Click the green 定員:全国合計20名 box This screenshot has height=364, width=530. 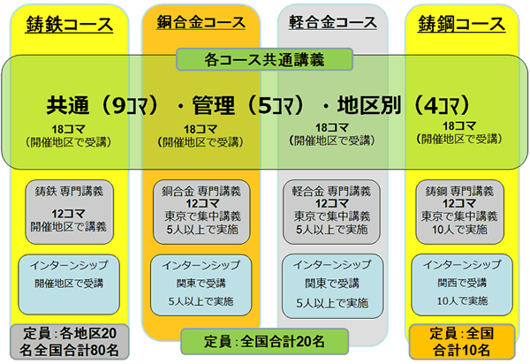coord(265,341)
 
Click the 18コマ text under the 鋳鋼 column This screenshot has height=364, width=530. coord(458,127)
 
